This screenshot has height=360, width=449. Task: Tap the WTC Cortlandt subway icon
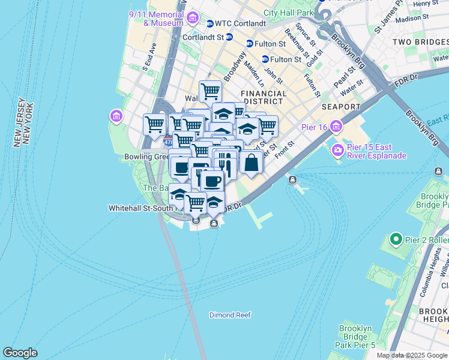click(210, 24)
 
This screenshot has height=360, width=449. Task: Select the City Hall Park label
click(288, 12)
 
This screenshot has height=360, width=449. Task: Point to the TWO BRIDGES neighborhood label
click(420, 42)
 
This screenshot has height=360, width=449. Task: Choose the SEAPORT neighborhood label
click(340, 107)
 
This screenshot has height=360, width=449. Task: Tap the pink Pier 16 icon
click(336, 126)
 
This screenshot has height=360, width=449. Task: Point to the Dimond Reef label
click(230, 315)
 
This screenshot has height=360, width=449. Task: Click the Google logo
click(20, 353)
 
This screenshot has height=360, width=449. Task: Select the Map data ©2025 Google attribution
click(412, 355)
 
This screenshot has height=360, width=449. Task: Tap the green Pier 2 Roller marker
click(395, 240)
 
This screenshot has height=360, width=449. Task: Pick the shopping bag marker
click(251, 162)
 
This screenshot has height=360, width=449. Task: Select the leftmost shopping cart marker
click(154, 124)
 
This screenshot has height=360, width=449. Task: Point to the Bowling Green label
click(144, 157)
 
